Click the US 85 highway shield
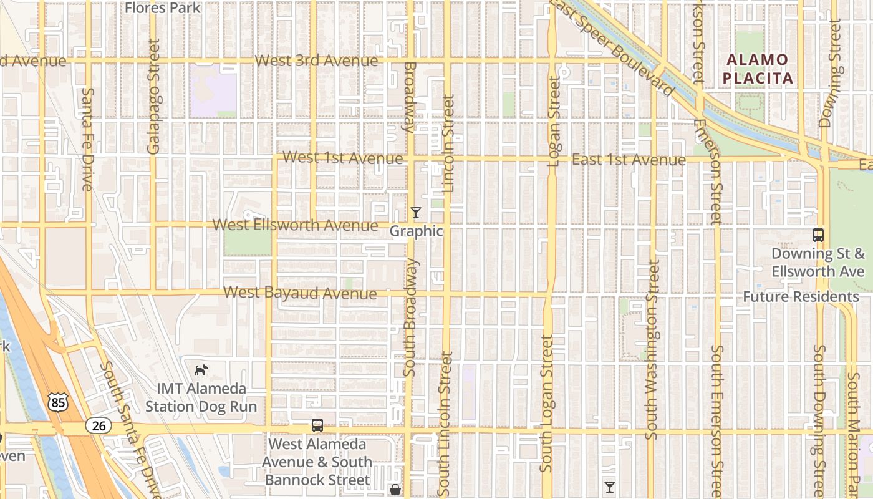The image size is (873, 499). [58, 402]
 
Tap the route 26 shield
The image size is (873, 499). [99, 426]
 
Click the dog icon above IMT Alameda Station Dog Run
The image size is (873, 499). [200, 370]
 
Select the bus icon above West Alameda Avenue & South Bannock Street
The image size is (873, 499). [317, 425]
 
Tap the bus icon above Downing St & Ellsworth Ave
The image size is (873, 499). [818, 235]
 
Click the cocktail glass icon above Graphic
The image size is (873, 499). [416, 213]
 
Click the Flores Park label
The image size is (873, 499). [163, 7]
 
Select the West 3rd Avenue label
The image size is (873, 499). [317, 61]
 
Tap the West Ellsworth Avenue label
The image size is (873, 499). [296, 225]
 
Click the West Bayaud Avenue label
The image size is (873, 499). [300, 293]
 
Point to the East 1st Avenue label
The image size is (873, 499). [629, 160]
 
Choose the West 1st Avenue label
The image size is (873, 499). [343, 158]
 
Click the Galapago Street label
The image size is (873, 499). [153, 97]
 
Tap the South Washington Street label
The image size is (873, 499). [652, 349]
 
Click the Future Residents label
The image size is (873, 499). [801, 296]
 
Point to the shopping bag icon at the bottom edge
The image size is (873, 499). [395, 490]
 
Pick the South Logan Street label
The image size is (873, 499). [547, 404]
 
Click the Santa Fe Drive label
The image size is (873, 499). [88, 138]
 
